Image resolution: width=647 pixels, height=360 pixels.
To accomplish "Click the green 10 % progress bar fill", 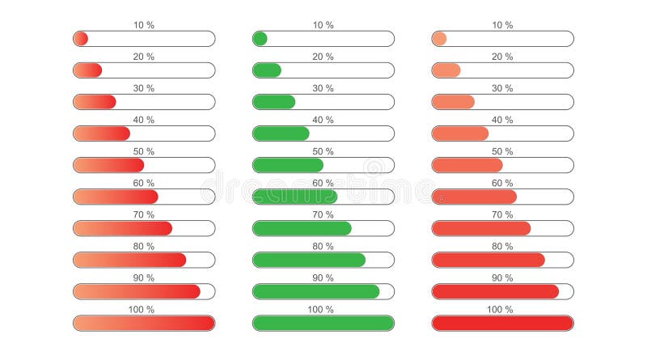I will (x=260, y=39).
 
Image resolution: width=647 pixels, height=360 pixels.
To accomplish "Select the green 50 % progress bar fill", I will (x=288, y=165).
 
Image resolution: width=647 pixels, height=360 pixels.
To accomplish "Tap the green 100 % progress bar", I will (x=323, y=323).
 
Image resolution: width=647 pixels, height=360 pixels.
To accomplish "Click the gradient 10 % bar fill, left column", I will (x=80, y=39).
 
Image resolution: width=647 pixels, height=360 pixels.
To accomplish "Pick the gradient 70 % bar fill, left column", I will (x=122, y=228).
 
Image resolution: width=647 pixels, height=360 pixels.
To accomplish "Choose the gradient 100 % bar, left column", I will (x=144, y=323).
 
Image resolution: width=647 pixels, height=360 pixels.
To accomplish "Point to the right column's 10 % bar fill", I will (x=439, y=39).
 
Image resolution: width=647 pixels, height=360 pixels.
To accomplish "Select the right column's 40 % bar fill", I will (x=460, y=133).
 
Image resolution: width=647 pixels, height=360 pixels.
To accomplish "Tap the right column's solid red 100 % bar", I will (x=502, y=323).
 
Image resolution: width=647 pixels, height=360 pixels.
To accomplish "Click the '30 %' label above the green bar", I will (x=323, y=88).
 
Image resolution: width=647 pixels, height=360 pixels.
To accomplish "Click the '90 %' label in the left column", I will (x=144, y=277).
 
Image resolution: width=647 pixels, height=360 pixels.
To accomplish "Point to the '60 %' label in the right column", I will (x=502, y=183).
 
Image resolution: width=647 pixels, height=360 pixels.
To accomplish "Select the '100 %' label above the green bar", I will (x=323, y=309).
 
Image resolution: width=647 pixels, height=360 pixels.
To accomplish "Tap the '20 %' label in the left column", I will (x=144, y=57).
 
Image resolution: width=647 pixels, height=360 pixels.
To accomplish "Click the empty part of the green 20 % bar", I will (x=338, y=70).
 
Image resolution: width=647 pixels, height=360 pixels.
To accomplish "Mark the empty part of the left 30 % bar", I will (x=166, y=102).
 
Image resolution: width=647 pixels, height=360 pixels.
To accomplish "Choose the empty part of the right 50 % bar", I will (x=538, y=165).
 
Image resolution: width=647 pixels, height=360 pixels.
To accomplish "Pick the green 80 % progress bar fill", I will (x=309, y=260).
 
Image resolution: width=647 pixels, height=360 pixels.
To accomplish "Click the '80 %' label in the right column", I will (x=502, y=246).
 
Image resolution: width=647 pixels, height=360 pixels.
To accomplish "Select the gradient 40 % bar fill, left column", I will (x=101, y=133).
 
